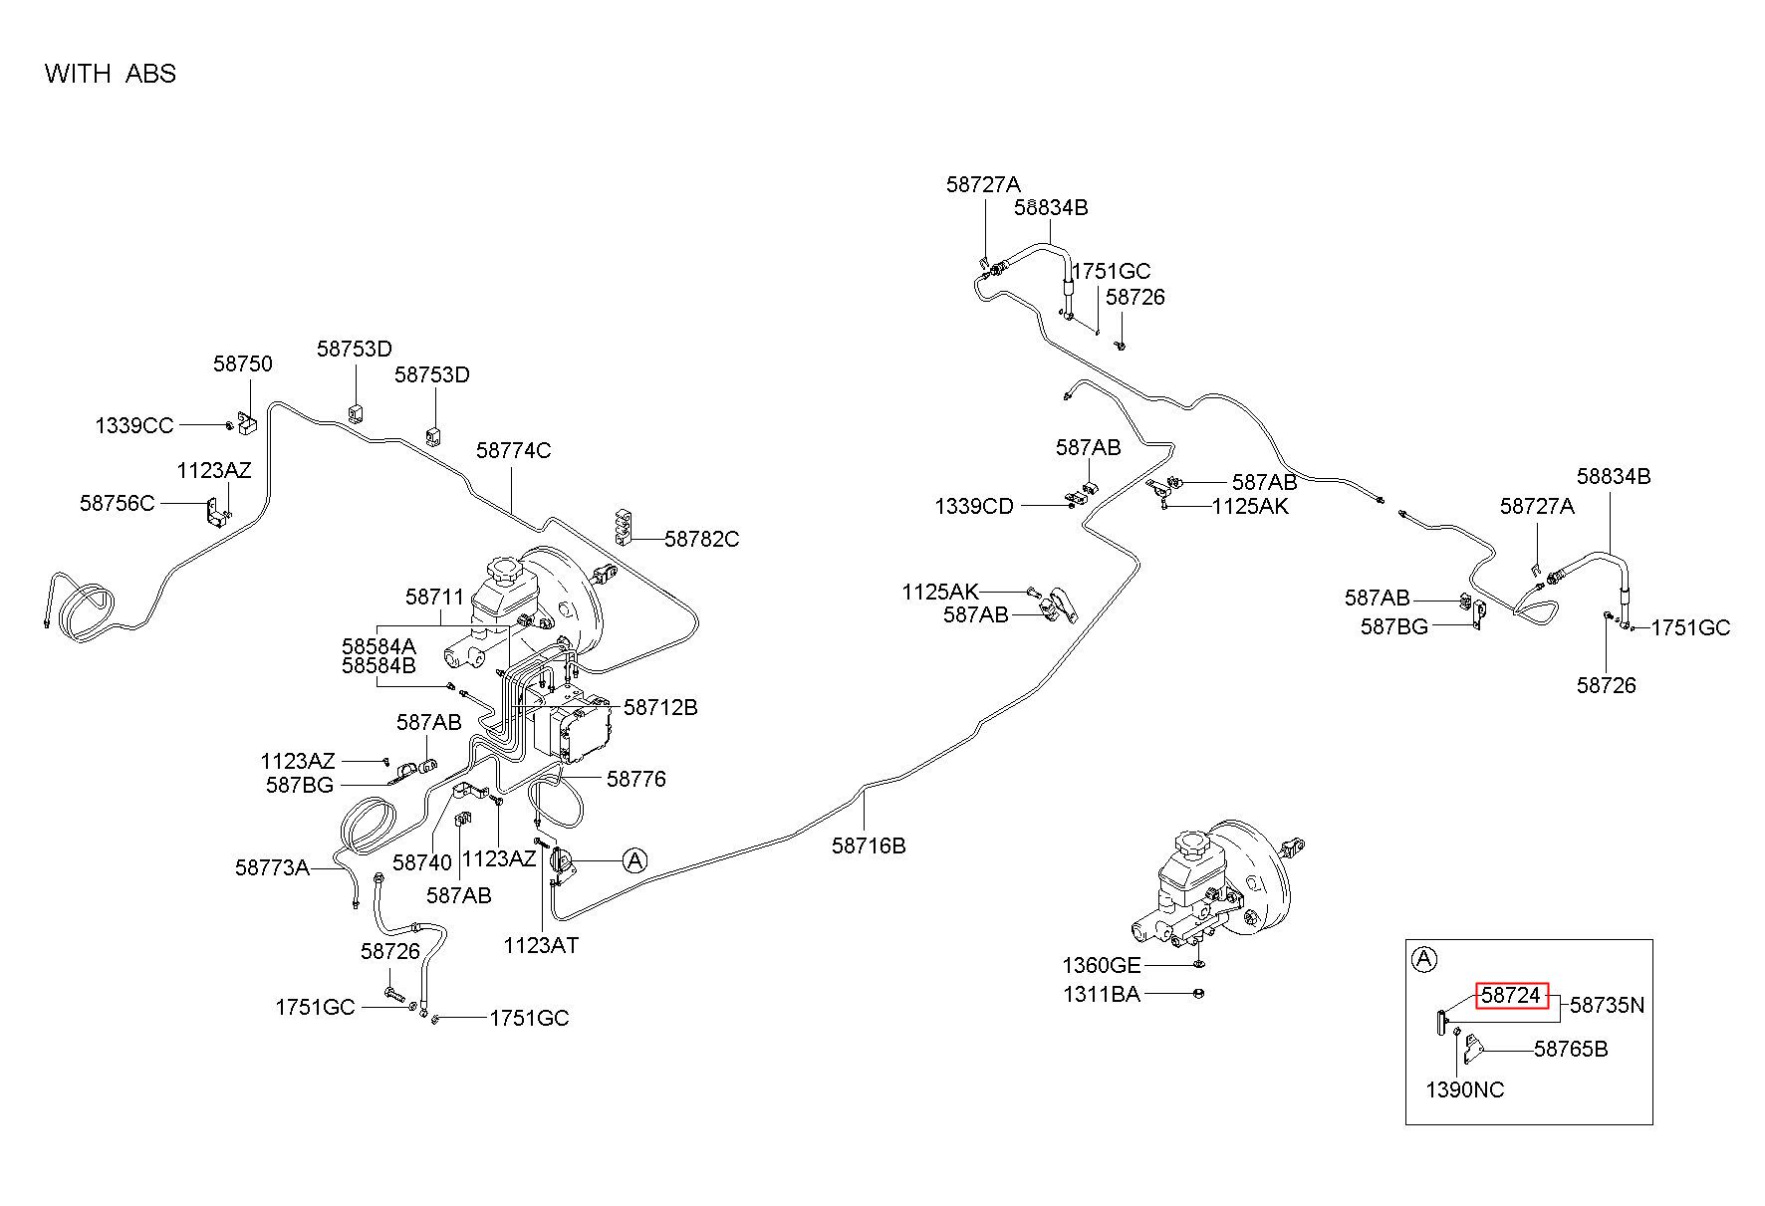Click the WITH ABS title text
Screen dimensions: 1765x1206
point(110,74)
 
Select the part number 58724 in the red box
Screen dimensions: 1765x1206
point(1511,995)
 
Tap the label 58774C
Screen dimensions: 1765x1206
point(513,450)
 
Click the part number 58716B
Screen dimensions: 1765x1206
point(869,845)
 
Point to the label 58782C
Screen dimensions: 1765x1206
point(702,539)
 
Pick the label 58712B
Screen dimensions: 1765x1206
point(660,707)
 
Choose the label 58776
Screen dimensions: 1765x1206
point(636,779)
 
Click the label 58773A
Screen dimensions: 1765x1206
point(273,867)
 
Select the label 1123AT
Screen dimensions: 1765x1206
point(541,945)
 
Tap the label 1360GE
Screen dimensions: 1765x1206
point(1102,965)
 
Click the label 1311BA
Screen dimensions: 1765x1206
point(1102,993)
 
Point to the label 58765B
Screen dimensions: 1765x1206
point(1571,1049)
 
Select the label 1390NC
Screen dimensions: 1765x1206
point(1465,1089)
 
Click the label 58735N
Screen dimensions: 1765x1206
point(1608,1006)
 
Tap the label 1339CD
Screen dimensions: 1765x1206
point(974,507)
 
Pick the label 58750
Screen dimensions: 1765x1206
point(242,364)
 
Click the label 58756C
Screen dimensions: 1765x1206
point(118,503)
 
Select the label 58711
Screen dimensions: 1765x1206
point(435,597)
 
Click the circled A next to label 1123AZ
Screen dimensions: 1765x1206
point(635,859)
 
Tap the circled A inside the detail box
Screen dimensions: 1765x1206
point(1425,960)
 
